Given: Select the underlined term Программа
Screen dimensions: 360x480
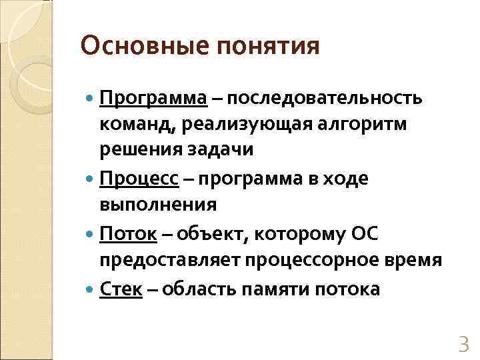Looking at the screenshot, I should (x=153, y=99).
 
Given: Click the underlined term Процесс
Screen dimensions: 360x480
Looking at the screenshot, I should (x=139, y=179).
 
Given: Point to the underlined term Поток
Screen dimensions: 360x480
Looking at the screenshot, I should (x=128, y=235).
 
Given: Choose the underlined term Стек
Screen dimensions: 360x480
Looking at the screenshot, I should (x=121, y=290).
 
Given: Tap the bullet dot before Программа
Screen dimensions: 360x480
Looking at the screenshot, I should (x=91, y=99).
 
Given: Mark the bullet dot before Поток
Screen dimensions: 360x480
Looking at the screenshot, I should (x=91, y=235).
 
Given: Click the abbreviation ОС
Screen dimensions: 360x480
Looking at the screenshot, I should (x=367, y=235).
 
